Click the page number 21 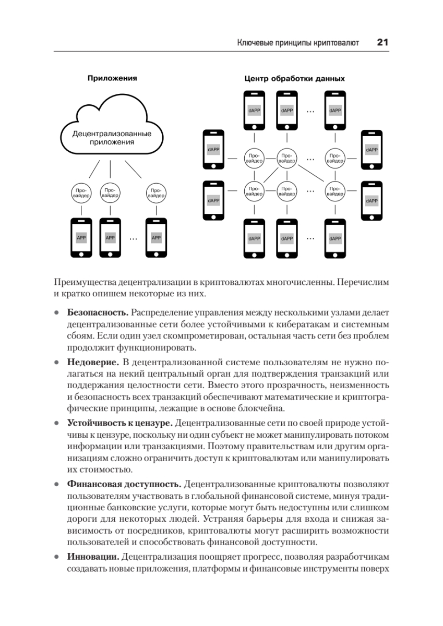point(382,43)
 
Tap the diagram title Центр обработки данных point(295,79)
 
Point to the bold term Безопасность point(98,312)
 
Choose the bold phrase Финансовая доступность point(124,483)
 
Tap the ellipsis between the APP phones point(133,238)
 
